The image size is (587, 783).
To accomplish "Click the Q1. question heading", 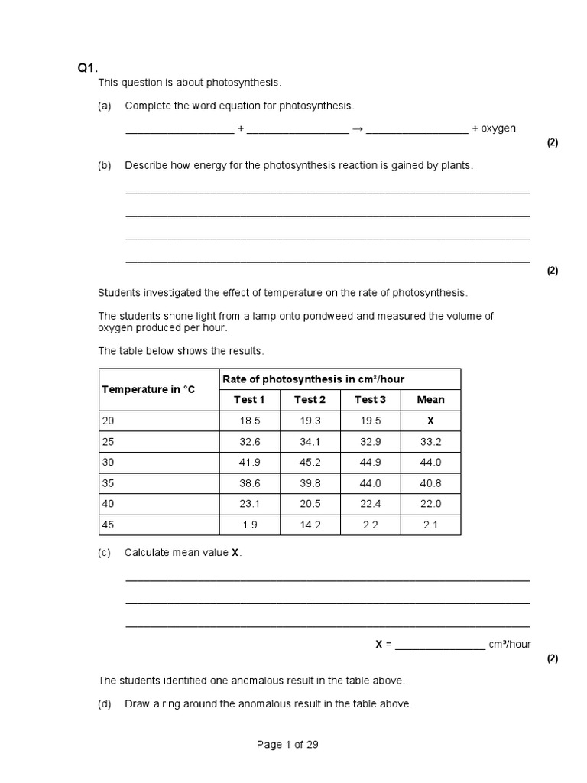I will click(x=88, y=68).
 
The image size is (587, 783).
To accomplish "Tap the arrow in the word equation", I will click(x=357, y=128).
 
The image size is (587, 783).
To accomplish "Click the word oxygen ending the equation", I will click(x=498, y=128).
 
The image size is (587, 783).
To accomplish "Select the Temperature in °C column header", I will click(x=148, y=389).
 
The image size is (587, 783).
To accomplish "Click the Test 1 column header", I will click(x=249, y=399).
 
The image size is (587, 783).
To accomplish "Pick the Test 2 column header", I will click(x=310, y=399).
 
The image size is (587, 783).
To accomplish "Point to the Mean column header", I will click(x=430, y=399).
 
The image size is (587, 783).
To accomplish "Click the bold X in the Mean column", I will click(x=430, y=421).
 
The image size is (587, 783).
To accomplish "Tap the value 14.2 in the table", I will click(x=310, y=525).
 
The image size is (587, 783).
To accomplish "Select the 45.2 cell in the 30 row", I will click(x=310, y=463).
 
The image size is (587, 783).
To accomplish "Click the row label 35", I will click(x=107, y=483).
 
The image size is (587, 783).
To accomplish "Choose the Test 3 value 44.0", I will click(x=370, y=483).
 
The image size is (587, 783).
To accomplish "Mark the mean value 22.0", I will click(x=430, y=505).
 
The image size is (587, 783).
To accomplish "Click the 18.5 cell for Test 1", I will click(x=249, y=421).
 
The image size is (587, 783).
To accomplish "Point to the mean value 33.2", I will click(x=430, y=442).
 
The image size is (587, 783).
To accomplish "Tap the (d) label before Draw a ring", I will click(x=105, y=703).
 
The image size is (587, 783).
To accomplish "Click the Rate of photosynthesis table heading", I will click(x=313, y=379).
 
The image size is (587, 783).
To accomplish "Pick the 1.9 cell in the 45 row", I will click(x=249, y=525).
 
